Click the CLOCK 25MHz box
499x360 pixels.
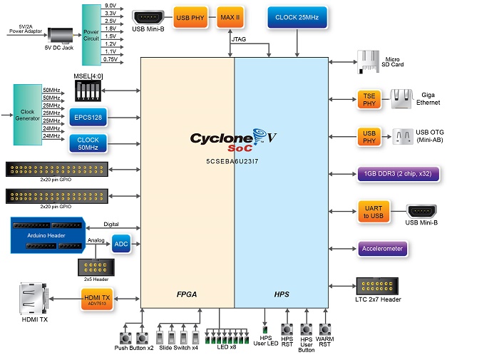(x=297, y=17)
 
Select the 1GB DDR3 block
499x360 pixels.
(x=398, y=173)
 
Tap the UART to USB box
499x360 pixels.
(x=374, y=212)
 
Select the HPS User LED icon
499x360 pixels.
(x=266, y=329)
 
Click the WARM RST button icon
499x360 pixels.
(x=325, y=329)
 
